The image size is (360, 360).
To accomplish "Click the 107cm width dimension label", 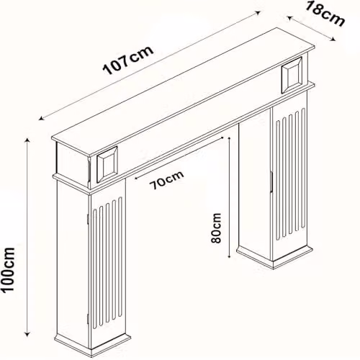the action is click(128, 60).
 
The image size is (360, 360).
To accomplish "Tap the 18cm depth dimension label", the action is click(324, 14).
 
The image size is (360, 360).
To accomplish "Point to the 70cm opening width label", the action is click(166, 180).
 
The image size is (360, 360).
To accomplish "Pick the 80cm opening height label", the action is click(216, 228).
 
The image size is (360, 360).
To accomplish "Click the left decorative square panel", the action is click(107, 164).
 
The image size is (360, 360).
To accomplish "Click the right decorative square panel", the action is click(292, 76).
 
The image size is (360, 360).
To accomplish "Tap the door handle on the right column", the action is click(271, 181).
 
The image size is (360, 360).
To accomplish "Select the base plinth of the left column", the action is click(93, 344).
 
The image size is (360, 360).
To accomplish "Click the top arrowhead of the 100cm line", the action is click(27, 140).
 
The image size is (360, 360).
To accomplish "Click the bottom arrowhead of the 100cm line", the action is click(27, 334).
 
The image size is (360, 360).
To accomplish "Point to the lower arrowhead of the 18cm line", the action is click(333, 40).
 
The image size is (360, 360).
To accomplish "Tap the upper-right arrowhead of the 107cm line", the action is click(258, 12).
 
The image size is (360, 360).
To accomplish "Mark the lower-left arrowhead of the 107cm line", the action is click(42, 118).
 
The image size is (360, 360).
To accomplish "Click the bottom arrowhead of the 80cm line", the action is click(230, 256).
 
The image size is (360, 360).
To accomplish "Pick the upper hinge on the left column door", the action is click(88, 219).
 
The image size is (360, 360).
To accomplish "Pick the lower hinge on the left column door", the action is click(88, 319).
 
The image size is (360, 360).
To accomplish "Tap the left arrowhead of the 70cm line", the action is click(137, 178).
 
